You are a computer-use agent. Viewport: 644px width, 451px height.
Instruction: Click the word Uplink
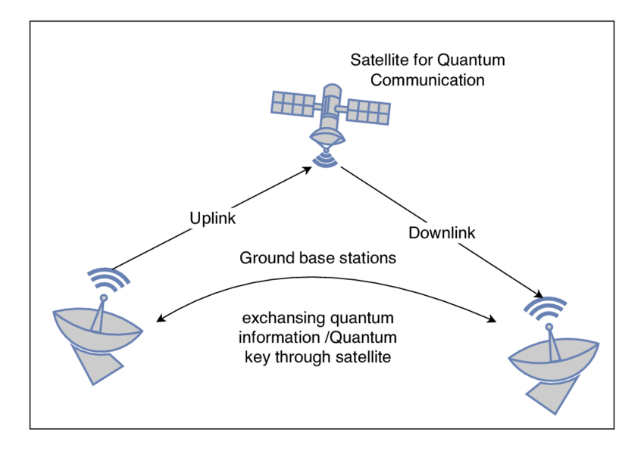point(213,218)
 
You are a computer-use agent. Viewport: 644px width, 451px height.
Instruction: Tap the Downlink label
point(442,232)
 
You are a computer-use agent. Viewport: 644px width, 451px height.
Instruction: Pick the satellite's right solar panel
point(368,111)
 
